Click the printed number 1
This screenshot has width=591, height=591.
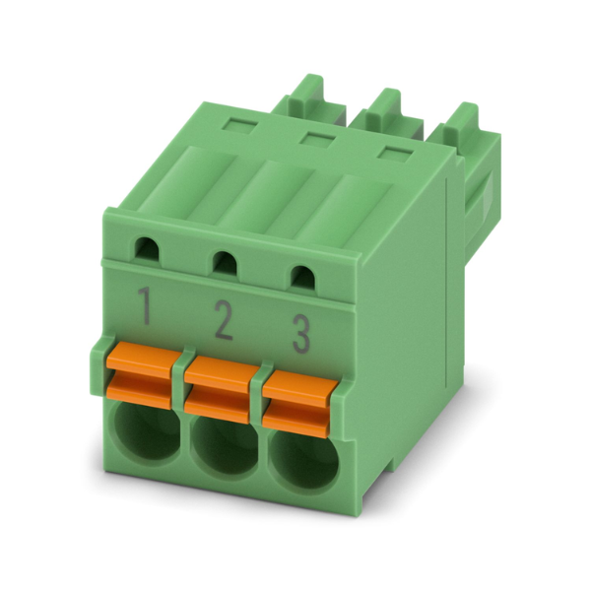pos(145,305)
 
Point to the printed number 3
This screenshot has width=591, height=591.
pos(301,335)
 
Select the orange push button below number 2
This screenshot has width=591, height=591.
pos(218,390)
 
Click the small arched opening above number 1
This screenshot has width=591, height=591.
pos(147,248)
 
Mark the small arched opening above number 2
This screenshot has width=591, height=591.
pos(225,263)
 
